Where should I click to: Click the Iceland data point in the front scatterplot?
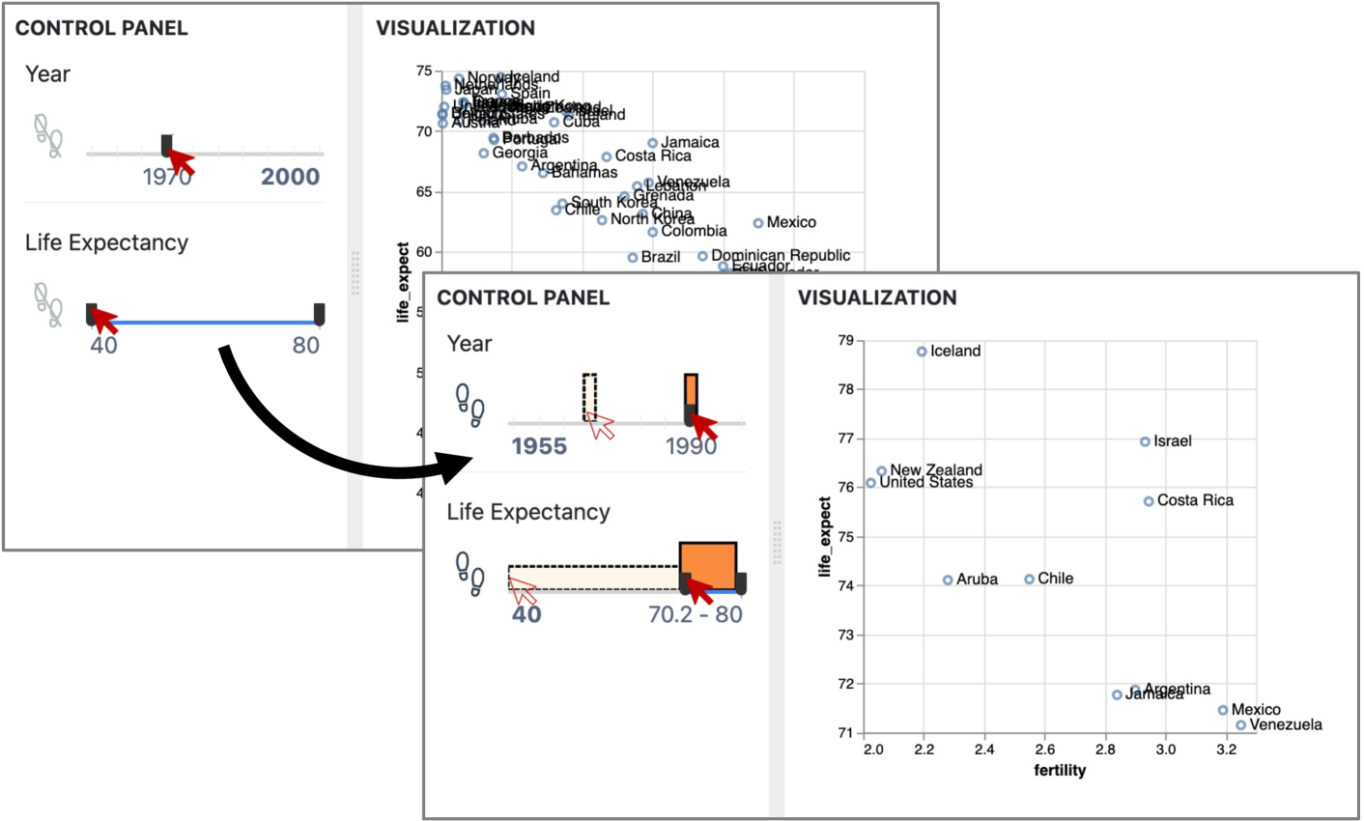[922, 352]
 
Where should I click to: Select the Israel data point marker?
[1145, 441]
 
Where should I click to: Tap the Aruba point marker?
[948, 580]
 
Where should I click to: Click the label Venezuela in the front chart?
[1285, 724]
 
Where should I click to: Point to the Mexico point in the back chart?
[758, 223]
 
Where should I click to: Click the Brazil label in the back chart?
[661, 257]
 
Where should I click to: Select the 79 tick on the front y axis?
[845, 340]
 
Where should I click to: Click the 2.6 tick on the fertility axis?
[1046, 750]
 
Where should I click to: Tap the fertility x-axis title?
[1060, 770]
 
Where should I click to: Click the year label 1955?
[539, 445]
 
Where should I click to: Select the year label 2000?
[290, 177]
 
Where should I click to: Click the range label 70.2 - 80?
[696, 614]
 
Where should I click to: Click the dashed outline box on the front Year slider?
[589, 396]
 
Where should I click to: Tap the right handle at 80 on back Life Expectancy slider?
[319, 314]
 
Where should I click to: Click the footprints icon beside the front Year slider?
[469, 405]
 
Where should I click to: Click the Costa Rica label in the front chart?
[1195, 500]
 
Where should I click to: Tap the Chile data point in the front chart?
[1029, 580]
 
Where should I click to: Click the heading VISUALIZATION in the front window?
[876, 297]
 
